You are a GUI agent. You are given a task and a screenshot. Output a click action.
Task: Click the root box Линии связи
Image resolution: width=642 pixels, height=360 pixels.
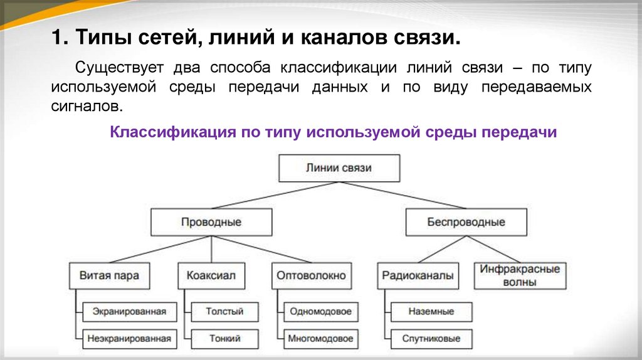click(339, 168)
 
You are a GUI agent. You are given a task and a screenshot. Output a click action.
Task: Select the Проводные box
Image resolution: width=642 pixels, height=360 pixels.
click(211, 222)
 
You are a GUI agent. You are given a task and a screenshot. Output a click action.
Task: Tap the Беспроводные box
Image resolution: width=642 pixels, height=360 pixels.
click(466, 222)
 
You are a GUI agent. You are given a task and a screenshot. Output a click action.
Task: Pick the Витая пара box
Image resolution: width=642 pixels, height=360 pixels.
click(109, 275)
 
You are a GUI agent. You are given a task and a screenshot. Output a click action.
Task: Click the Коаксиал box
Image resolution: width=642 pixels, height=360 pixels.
click(211, 275)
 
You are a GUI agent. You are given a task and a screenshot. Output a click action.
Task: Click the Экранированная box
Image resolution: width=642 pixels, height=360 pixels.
click(129, 311)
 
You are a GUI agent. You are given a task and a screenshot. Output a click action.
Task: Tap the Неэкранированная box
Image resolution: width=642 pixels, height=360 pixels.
click(129, 339)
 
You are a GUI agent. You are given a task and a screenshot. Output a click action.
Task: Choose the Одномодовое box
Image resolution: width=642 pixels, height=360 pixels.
click(320, 311)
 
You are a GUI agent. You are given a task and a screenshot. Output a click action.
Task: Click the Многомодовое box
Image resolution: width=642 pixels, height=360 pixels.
click(320, 339)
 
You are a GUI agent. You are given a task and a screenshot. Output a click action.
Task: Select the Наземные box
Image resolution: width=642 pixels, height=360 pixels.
click(431, 311)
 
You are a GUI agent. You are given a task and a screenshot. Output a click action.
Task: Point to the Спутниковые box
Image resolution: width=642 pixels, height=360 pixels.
click(431, 339)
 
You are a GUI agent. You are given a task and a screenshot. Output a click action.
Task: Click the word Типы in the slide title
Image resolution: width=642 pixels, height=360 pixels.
click(99, 40)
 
